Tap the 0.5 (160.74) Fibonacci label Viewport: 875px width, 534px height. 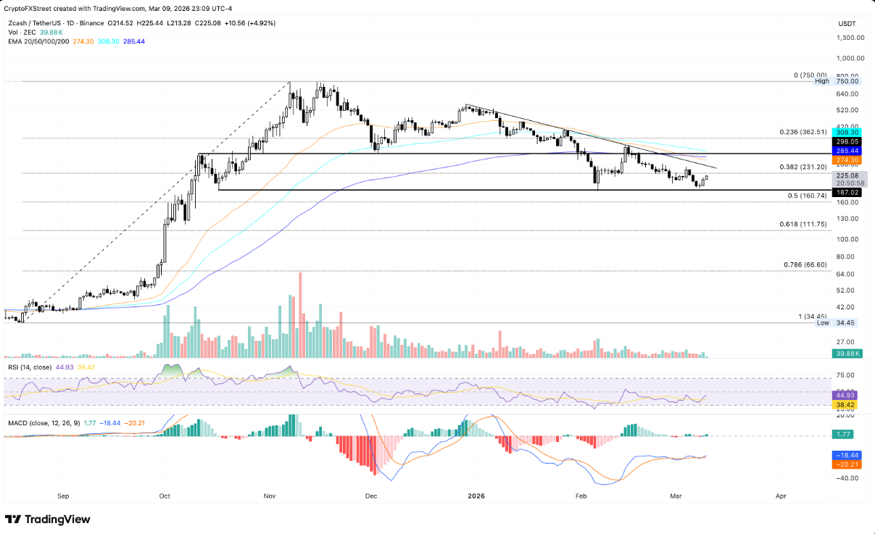click(807, 196)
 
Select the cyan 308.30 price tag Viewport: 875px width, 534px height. click(847, 133)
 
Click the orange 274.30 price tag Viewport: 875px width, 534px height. click(847, 159)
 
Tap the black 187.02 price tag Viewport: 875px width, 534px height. click(847, 193)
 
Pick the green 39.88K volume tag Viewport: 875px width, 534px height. click(847, 354)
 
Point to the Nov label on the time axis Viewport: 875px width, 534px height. click(270, 496)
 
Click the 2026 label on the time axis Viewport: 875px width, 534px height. click(476, 496)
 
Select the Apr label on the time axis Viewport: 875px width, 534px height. click(781, 496)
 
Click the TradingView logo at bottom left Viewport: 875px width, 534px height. click(48, 519)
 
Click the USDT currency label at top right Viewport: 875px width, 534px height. click(847, 24)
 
